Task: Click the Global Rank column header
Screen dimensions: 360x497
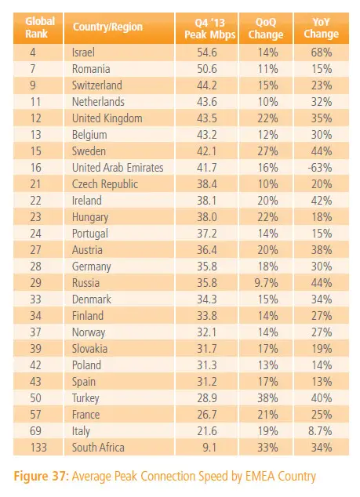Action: tap(40, 27)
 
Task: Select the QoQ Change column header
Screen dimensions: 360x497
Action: tap(266, 28)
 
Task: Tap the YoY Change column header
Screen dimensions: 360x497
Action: tap(322, 28)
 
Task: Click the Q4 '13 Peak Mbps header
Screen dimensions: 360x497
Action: tap(210, 28)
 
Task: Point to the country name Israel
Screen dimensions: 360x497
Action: tap(83, 53)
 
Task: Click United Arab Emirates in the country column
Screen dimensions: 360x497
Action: tap(118, 168)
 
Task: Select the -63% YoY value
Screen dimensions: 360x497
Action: tap(320, 168)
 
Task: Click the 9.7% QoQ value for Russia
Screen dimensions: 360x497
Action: tap(266, 283)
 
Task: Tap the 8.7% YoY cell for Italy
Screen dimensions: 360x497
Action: tap(320, 431)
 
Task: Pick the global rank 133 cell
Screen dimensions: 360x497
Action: tap(38, 448)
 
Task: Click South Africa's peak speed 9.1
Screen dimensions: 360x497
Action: tap(209, 448)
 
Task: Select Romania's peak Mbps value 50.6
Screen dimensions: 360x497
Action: tap(207, 69)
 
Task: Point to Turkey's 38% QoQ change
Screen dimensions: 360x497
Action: tap(267, 398)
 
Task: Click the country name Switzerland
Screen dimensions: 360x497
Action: tap(97, 85)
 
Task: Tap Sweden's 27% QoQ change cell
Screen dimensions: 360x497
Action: tap(267, 151)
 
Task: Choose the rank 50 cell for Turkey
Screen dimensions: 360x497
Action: tap(35, 398)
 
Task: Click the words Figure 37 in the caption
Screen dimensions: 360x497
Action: tap(40, 476)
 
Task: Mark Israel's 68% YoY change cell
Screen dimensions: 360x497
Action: tap(322, 53)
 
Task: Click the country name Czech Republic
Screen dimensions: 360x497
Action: tap(105, 184)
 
